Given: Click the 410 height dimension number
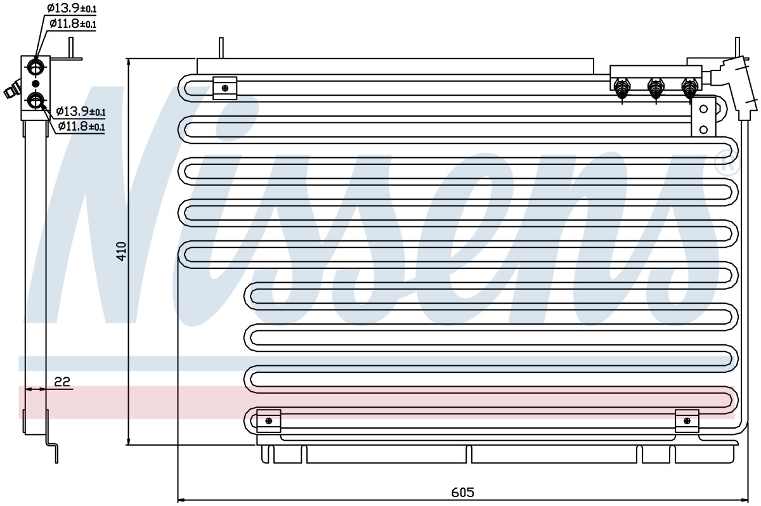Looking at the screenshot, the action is tap(121, 251).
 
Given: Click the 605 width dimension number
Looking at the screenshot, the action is tap(463, 492).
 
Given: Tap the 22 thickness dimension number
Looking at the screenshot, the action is tap(62, 382).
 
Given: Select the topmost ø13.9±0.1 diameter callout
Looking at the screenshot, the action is tap(72, 8).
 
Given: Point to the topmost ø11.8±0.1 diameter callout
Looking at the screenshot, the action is tap(73, 23).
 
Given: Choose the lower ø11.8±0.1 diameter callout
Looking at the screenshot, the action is tap(82, 126).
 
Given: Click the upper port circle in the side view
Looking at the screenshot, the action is tap(36, 66).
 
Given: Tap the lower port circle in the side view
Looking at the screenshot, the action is tap(36, 101).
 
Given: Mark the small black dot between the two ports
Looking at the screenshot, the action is tap(36, 84).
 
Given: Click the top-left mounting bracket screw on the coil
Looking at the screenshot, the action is tap(225, 88).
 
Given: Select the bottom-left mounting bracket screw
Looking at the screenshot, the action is tap(269, 421).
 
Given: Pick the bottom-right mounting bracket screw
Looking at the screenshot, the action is tap(687, 421).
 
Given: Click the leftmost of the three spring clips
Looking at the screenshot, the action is tap(621, 89).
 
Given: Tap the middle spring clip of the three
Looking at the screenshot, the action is tap(656, 89).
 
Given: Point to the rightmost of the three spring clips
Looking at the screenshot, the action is tap(690, 89).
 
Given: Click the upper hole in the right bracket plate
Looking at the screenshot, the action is tap(703, 109).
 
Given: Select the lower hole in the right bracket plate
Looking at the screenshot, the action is tap(703, 129).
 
